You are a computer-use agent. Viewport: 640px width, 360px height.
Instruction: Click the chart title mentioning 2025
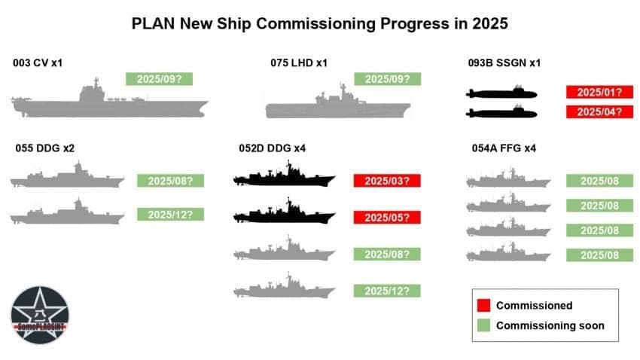(x=320, y=23)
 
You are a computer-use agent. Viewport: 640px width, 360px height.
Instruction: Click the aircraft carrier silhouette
(x=109, y=102)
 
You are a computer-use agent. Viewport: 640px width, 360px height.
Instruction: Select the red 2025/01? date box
(x=599, y=93)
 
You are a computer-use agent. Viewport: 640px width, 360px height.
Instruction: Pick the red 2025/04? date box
(x=599, y=112)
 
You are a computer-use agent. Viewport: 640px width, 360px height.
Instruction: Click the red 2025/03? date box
(x=386, y=181)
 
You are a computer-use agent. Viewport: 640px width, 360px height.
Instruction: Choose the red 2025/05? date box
(x=386, y=218)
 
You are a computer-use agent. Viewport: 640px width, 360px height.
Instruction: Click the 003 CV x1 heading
(x=38, y=63)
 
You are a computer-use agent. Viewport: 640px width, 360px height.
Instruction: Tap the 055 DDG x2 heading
(x=44, y=148)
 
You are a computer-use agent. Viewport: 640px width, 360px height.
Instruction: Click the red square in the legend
(x=483, y=305)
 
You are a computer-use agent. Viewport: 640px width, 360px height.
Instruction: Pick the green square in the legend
(x=483, y=325)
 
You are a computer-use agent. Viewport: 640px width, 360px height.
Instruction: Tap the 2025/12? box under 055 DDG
(x=170, y=215)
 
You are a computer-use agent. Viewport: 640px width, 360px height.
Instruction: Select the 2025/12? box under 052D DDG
(x=386, y=291)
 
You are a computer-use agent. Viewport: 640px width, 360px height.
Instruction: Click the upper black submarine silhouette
(x=501, y=93)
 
